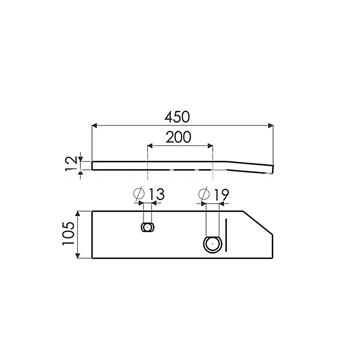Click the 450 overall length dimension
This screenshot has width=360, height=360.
[x=177, y=117]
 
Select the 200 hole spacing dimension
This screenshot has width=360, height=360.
[x=179, y=137]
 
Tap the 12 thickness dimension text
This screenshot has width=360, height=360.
[x=70, y=164]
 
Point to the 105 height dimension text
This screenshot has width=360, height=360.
[x=68, y=234]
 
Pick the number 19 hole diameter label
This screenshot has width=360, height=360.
[x=221, y=194]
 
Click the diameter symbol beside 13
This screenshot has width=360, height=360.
[x=138, y=194]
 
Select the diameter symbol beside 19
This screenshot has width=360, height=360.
[x=203, y=194]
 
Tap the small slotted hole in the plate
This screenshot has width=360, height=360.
[x=147, y=227]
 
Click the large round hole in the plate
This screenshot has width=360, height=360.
[x=212, y=244]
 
